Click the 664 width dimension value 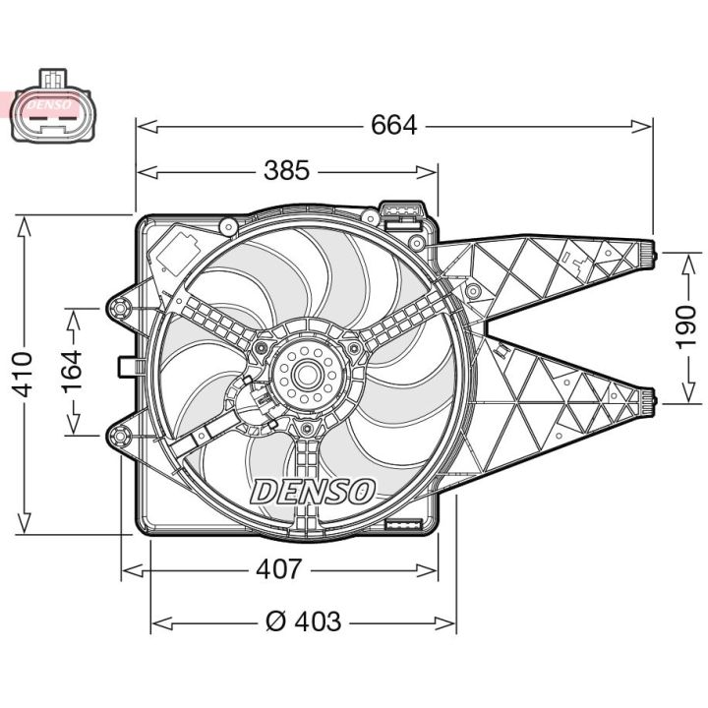point(394,125)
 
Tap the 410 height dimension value point(23,374)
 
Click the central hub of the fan point(302,375)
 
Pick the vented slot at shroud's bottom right point(404,526)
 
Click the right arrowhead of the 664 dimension point(647,125)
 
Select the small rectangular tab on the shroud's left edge point(126,367)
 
